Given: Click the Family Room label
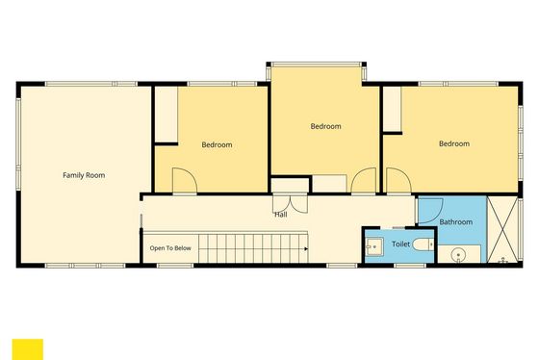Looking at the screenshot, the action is (84, 175).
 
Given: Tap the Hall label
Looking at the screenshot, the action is (281, 215).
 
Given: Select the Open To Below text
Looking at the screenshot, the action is (170, 248).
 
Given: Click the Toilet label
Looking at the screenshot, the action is (400, 244).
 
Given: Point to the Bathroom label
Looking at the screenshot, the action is (456, 222).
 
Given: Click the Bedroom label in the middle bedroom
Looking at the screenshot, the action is (326, 126).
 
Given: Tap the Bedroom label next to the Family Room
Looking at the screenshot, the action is (217, 144).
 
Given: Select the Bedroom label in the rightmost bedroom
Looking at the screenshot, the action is (454, 143).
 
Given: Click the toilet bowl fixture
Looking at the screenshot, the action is (423, 244).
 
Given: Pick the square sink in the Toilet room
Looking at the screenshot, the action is (373, 246).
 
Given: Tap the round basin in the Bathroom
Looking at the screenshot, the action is (458, 256).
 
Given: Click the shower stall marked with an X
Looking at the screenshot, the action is (502, 230).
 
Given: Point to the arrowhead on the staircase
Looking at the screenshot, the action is (306, 248).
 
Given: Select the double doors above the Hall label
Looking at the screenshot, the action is (290, 204).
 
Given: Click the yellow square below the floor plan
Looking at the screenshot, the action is (28, 349).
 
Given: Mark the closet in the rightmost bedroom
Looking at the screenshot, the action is (393, 109).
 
